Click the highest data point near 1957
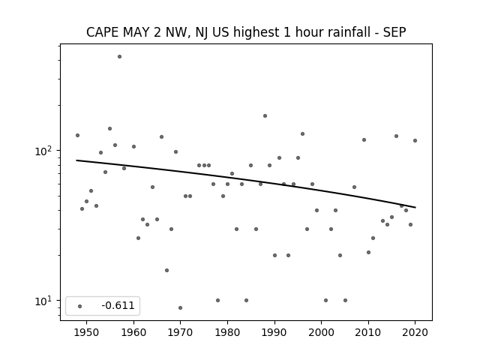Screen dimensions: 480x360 click(119, 57)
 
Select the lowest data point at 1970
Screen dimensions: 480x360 click(180, 307)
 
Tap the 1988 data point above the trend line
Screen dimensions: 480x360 click(265, 115)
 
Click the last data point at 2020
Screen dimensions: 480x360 click(415, 140)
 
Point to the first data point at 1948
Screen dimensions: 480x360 click(77, 135)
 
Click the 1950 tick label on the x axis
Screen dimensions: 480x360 click(87, 332)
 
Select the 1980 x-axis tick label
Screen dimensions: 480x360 click(227, 332)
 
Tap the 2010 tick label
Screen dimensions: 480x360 click(368, 332)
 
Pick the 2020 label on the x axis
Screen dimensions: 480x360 click(415, 332)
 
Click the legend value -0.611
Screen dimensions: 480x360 click(118, 305)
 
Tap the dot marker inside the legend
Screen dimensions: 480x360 click(79, 306)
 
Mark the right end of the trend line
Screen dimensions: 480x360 click(415, 208)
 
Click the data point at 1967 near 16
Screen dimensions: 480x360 click(166, 270)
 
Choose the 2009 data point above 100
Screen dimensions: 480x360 click(364, 140)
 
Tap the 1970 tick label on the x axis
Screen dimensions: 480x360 click(180, 332)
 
